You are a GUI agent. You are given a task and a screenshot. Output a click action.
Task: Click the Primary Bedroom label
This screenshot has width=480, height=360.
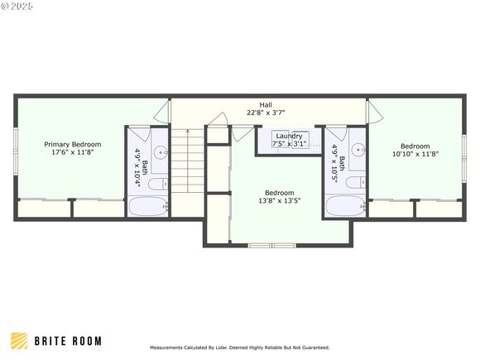click(x=73, y=144)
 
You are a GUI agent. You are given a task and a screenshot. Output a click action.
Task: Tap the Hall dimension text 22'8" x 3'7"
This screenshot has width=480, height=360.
click(x=266, y=113)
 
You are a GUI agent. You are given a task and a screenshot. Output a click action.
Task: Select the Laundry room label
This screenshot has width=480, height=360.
click(x=290, y=136)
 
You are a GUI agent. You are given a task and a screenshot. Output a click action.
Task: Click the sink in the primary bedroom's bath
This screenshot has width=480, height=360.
click(x=161, y=151)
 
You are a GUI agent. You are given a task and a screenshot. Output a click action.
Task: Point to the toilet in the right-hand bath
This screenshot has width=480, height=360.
click(x=356, y=183)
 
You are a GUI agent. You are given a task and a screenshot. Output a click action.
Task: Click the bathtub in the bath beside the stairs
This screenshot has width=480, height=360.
click(x=148, y=207)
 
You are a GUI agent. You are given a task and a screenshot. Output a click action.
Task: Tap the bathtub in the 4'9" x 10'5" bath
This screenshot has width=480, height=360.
click(x=346, y=206)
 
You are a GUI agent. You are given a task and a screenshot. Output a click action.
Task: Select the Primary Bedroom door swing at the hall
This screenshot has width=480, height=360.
click(x=161, y=111)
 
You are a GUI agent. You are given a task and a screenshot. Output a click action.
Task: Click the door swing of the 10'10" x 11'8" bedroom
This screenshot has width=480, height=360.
click(x=375, y=111)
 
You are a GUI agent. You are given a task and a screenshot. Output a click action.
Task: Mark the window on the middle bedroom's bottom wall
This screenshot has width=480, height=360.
click(x=271, y=245)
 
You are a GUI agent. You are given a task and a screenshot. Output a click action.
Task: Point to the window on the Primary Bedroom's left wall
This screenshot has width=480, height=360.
click(x=16, y=151)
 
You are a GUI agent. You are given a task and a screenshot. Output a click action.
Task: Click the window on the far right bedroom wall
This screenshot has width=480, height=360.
click(x=464, y=159)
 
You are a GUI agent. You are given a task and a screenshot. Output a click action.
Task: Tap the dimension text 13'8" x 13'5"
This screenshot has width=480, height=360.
click(x=280, y=201)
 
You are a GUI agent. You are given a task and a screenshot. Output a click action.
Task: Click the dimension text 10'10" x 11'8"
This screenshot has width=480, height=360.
click(x=415, y=154)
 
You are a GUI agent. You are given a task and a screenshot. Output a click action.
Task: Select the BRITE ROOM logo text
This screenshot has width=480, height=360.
click(x=68, y=341)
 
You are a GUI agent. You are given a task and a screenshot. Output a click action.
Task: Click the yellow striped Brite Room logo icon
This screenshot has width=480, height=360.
click(x=19, y=341)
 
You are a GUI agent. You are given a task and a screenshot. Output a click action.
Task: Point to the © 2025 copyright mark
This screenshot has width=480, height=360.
click(x=17, y=6)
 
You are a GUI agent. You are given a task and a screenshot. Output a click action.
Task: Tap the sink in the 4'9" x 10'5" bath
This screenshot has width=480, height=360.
click(x=358, y=150)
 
